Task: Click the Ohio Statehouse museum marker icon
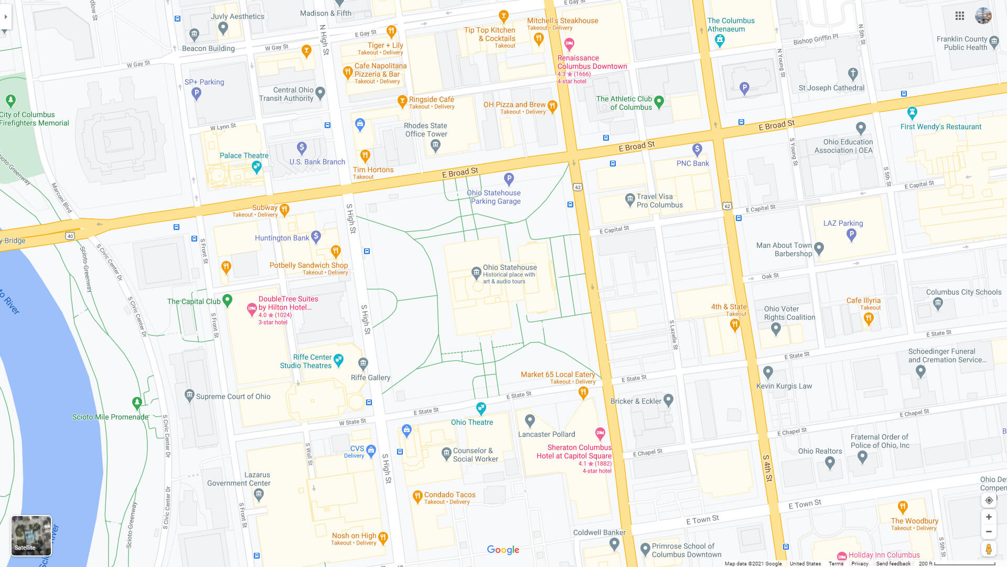(x=476, y=272)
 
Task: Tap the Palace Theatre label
(x=244, y=155)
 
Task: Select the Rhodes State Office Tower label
(x=426, y=130)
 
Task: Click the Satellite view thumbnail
(x=31, y=535)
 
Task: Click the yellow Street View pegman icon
(x=989, y=549)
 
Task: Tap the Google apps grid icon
(x=960, y=16)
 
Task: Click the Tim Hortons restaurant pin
(x=365, y=155)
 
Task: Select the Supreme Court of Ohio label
(x=233, y=396)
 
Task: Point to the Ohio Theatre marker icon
(x=481, y=408)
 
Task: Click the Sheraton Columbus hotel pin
(x=600, y=434)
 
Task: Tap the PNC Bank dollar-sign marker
(x=697, y=150)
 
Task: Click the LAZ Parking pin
(x=851, y=235)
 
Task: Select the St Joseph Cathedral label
(x=831, y=88)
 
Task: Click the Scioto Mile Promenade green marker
(x=137, y=403)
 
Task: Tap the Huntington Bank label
(x=282, y=238)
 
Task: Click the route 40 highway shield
(x=70, y=236)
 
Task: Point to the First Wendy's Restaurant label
(x=940, y=127)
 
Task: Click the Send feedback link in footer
(x=893, y=563)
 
